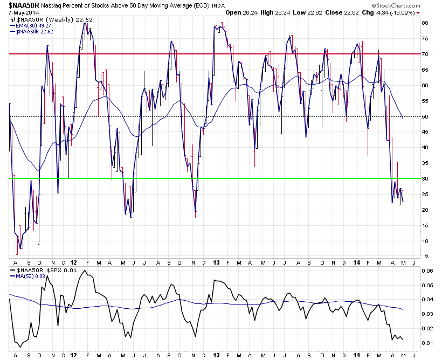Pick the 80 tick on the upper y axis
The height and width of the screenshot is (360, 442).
[x=425, y=23]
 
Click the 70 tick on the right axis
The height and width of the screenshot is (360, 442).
[x=425, y=54]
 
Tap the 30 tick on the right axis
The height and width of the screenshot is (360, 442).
[x=425, y=178]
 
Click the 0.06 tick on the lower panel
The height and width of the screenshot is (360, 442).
[x=427, y=271]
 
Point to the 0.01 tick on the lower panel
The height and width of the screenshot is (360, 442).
[x=427, y=343]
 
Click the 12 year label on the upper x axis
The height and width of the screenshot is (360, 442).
[x=73, y=262]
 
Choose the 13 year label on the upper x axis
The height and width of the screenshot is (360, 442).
[x=215, y=262]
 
